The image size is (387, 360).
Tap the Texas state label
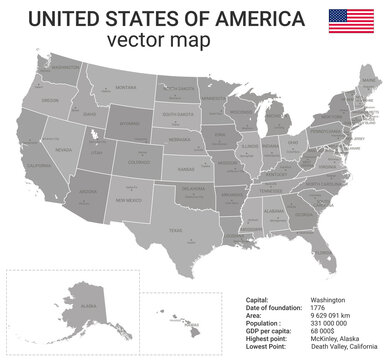(176, 231)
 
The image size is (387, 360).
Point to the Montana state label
(125, 88)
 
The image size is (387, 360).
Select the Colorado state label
(139, 161)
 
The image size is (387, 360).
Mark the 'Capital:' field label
(258, 298)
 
